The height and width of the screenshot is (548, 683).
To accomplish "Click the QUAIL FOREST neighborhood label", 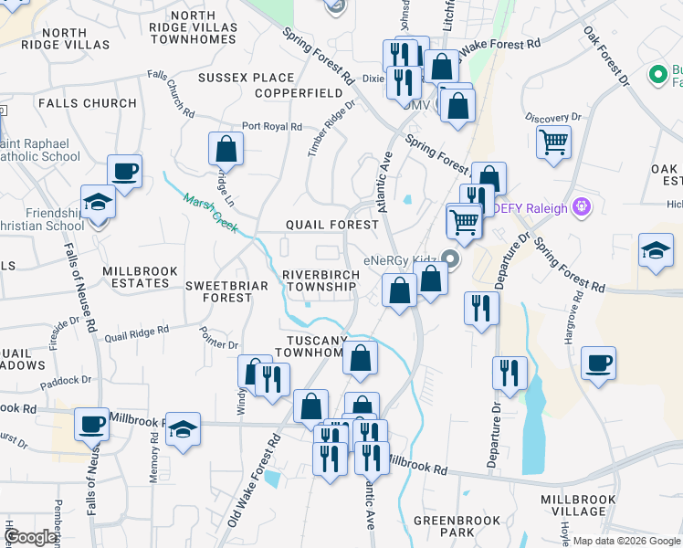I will pyautogui.click(x=331, y=225).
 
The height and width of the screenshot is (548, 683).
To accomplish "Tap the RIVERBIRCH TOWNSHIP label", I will pyautogui.click(x=319, y=280).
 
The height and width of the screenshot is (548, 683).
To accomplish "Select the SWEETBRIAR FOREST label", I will pyautogui.click(x=218, y=291).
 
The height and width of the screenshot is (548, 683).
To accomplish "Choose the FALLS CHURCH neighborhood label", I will pyautogui.click(x=88, y=103).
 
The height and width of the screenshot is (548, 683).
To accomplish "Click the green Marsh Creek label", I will pyautogui.click(x=205, y=212).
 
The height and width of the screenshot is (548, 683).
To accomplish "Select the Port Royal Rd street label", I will pyautogui.click(x=271, y=127).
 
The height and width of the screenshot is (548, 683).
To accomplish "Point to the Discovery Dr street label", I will pyautogui.click(x=553, y=118).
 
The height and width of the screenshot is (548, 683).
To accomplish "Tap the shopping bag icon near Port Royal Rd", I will pyautogui.click(x=226, y=148).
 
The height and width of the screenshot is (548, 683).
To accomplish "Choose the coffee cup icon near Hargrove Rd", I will pyautogui.click(x=598, y=364).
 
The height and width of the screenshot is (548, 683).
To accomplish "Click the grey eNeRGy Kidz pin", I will pyautogui.click(x=448, y=259).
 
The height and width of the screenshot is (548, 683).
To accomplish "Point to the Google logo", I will pyautogui.click(x=30, y=537).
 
